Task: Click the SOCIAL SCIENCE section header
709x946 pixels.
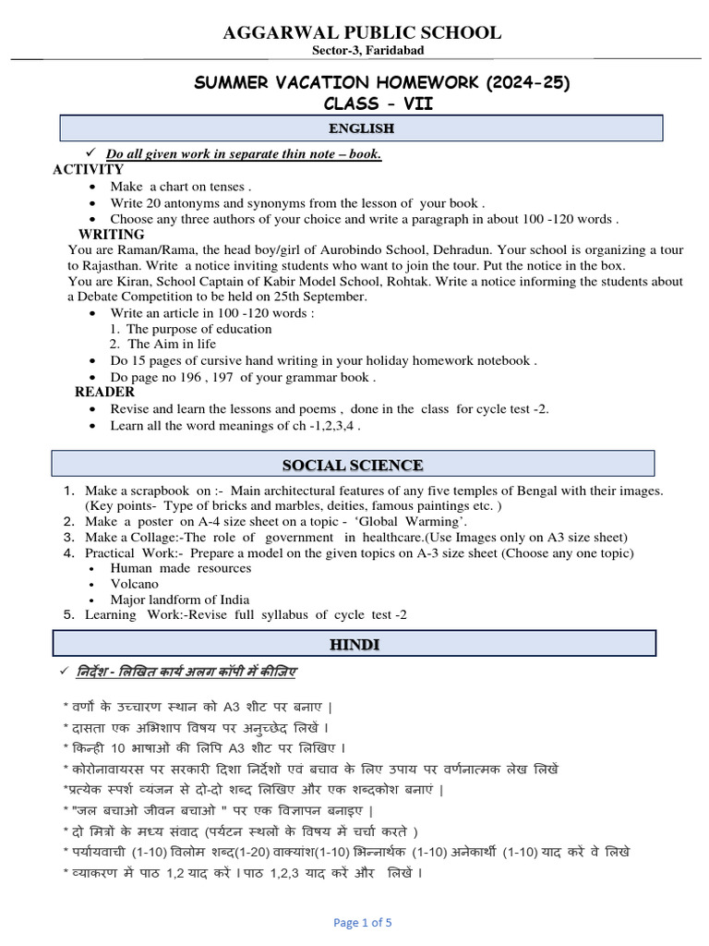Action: [x=354, y=465]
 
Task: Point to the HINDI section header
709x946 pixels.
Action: [x=354, y=644]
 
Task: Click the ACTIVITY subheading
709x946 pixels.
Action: [x=89, y=169]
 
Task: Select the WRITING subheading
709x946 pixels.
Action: [x=112, y=235]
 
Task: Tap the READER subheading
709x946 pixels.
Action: [x=104, y=392]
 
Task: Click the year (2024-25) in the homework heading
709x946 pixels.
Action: [x=521, y=84]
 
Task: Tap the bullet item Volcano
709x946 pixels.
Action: [x=134, y=584]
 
